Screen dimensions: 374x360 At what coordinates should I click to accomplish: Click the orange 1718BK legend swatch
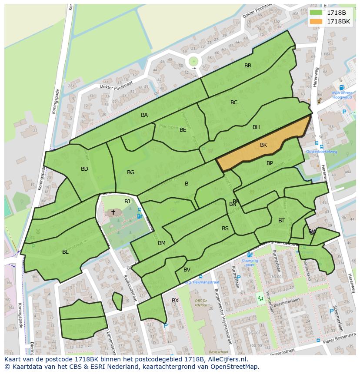[x=316, y=21]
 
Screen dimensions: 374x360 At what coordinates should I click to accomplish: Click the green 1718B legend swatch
[x=316, y=13]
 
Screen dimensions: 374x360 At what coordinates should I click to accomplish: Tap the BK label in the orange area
[x=263, y=145]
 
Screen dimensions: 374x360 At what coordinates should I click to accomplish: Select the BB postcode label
[x=248, y=66]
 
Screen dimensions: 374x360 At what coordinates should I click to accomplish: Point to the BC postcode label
[x=234, y=103]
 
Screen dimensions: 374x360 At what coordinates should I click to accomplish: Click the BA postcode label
[x=144, y=115]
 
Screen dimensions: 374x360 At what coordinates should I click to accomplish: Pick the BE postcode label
[x=183, y=130]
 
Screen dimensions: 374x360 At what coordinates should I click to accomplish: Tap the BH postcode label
[x=256, y=127]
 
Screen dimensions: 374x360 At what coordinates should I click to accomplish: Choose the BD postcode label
[x=84, y=169]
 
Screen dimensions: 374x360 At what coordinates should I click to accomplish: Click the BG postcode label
[x=130, y=172]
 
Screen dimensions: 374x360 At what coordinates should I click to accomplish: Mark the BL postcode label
[x=65, y=252]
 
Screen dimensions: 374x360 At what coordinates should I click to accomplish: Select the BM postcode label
[x=162, y=243]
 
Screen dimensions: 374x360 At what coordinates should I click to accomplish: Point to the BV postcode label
[x=187, y=270]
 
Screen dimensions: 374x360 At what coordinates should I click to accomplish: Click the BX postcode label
[x=175, y=301]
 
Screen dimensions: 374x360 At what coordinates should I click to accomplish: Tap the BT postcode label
[x=281, y=221]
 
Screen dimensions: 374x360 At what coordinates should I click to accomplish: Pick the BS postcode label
[x=225, y=228]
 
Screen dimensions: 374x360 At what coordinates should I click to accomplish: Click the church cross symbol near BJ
[x=113, y=212]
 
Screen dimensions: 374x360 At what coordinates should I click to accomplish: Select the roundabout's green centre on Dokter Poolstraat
[x=193, y=61]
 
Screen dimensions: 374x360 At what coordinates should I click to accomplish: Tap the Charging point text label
[x=250, y=262]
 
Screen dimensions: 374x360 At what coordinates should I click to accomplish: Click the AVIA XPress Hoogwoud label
[x=342, y=95]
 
